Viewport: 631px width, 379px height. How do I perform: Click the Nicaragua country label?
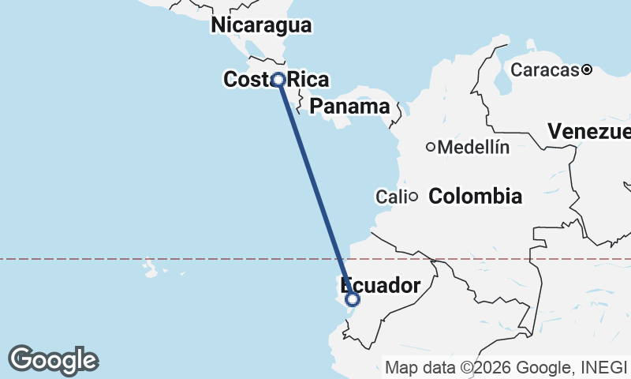point(261,25)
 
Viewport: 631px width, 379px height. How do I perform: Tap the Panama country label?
point(349,107)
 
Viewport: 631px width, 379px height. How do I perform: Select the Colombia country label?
point(475,196)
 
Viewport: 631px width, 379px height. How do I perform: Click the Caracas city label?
point(545,70)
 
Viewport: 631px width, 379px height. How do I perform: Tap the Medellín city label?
point(473,147)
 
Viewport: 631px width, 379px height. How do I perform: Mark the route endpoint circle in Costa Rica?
point(278,79)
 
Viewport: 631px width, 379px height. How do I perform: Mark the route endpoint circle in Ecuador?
point(353,299)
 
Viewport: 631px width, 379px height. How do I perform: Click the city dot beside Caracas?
point(587,70)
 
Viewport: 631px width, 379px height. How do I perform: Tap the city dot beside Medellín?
point(431,147)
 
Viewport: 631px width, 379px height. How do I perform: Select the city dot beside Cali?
point(413,196)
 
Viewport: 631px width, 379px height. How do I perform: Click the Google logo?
point(53,360)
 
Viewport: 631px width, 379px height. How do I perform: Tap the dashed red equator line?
point(158,259)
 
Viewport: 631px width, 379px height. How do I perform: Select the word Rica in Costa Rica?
point(308,80)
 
